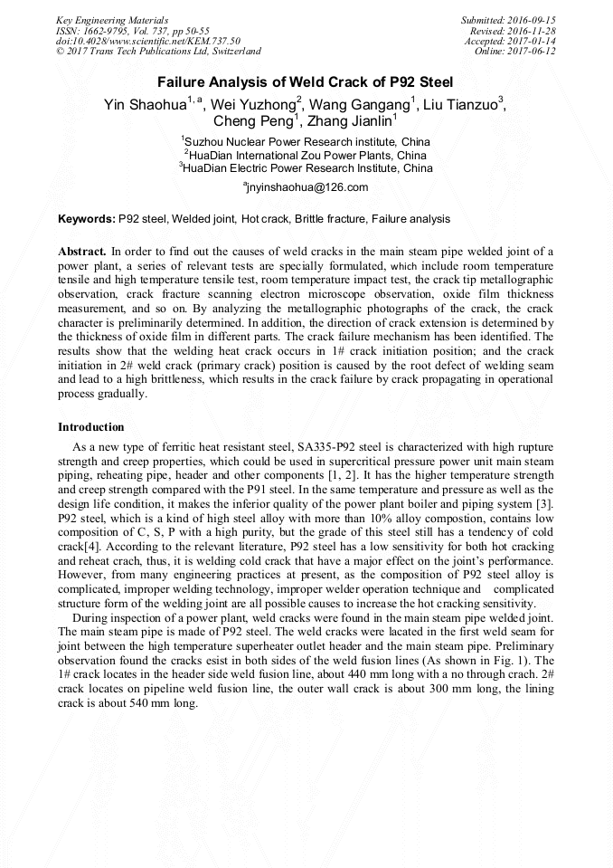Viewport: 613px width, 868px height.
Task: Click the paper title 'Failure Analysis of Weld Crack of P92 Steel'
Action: coord(306,81)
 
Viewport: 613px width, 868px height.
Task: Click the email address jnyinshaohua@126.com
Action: coord(306,187)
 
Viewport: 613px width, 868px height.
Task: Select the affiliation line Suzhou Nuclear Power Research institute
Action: coord(306,142)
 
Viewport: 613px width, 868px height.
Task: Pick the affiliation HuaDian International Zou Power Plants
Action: coord(306,155)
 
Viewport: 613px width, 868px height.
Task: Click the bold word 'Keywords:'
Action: coord(87,219)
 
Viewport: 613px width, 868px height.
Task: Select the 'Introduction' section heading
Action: coord(91,427)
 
